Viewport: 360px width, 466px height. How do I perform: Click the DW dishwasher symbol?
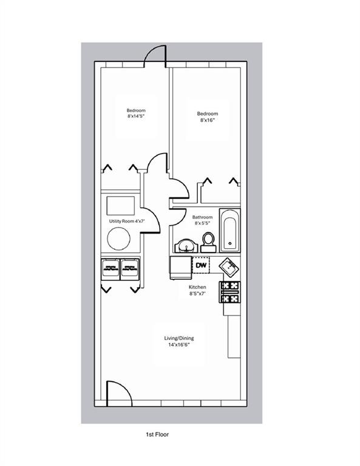(202, 265)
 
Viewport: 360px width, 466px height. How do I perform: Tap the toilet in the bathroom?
(208, 243)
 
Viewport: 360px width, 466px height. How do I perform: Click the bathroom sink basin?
(186, 246)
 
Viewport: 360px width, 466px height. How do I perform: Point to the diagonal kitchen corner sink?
(229, 266)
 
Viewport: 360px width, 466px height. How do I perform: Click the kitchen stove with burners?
(230, 292)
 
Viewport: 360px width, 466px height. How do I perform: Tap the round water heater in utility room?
(118, 238)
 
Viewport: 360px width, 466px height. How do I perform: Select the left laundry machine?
(110, 269)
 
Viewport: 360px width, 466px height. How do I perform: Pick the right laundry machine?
(129, 269)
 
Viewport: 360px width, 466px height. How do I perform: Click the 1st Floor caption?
(157, 434)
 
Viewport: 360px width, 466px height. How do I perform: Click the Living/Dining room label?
(179, 338)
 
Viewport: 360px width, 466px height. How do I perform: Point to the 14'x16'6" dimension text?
(179, 345)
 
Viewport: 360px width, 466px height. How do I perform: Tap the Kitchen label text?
(197, 287)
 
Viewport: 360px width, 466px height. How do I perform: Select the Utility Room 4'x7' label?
(127, 221)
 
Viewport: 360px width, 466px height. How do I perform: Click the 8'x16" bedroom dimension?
(208, 120)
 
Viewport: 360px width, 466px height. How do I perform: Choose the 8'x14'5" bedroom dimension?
(136, 116)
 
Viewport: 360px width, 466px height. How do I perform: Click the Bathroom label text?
(202, 217)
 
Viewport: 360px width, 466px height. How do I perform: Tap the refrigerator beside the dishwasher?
(180, 268)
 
